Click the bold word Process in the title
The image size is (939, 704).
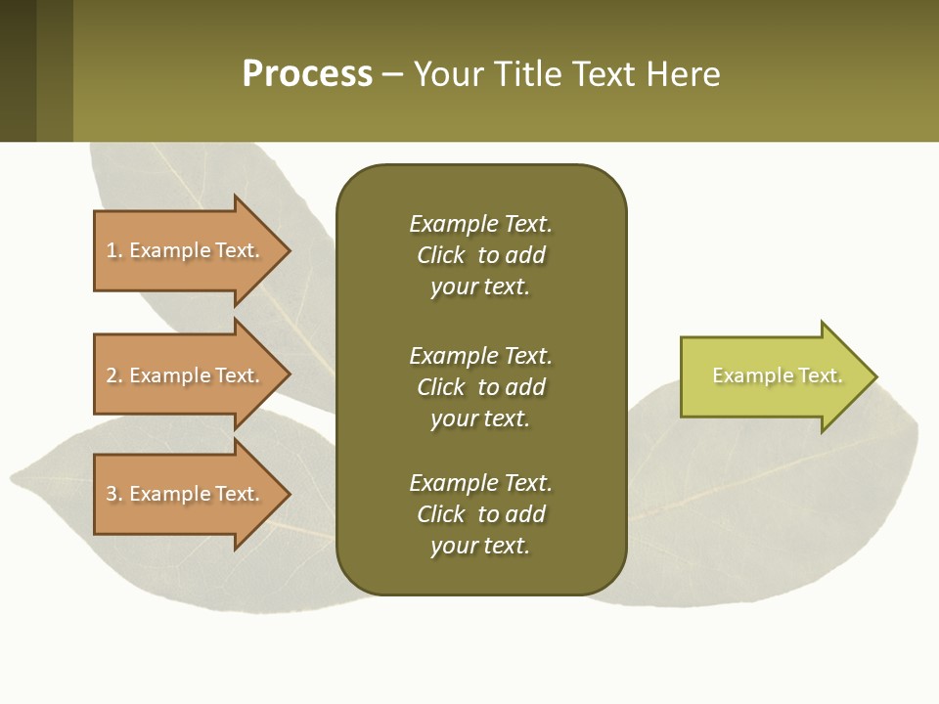point(307,74)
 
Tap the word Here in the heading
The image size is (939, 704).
point(684,74)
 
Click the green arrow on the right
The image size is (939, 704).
point(773,376)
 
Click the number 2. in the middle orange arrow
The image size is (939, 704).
point(114,375)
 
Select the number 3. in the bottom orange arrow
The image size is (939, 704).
point(114,494)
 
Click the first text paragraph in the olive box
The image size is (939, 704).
point(480,255)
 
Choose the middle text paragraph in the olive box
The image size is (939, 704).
point(480,387)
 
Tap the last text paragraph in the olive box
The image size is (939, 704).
point(480,514)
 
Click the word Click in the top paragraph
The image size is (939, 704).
point(440,255)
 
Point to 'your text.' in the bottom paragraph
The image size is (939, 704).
point(480,546)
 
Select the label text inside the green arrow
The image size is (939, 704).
point(777,375)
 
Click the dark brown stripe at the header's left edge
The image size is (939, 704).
point(18,70)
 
